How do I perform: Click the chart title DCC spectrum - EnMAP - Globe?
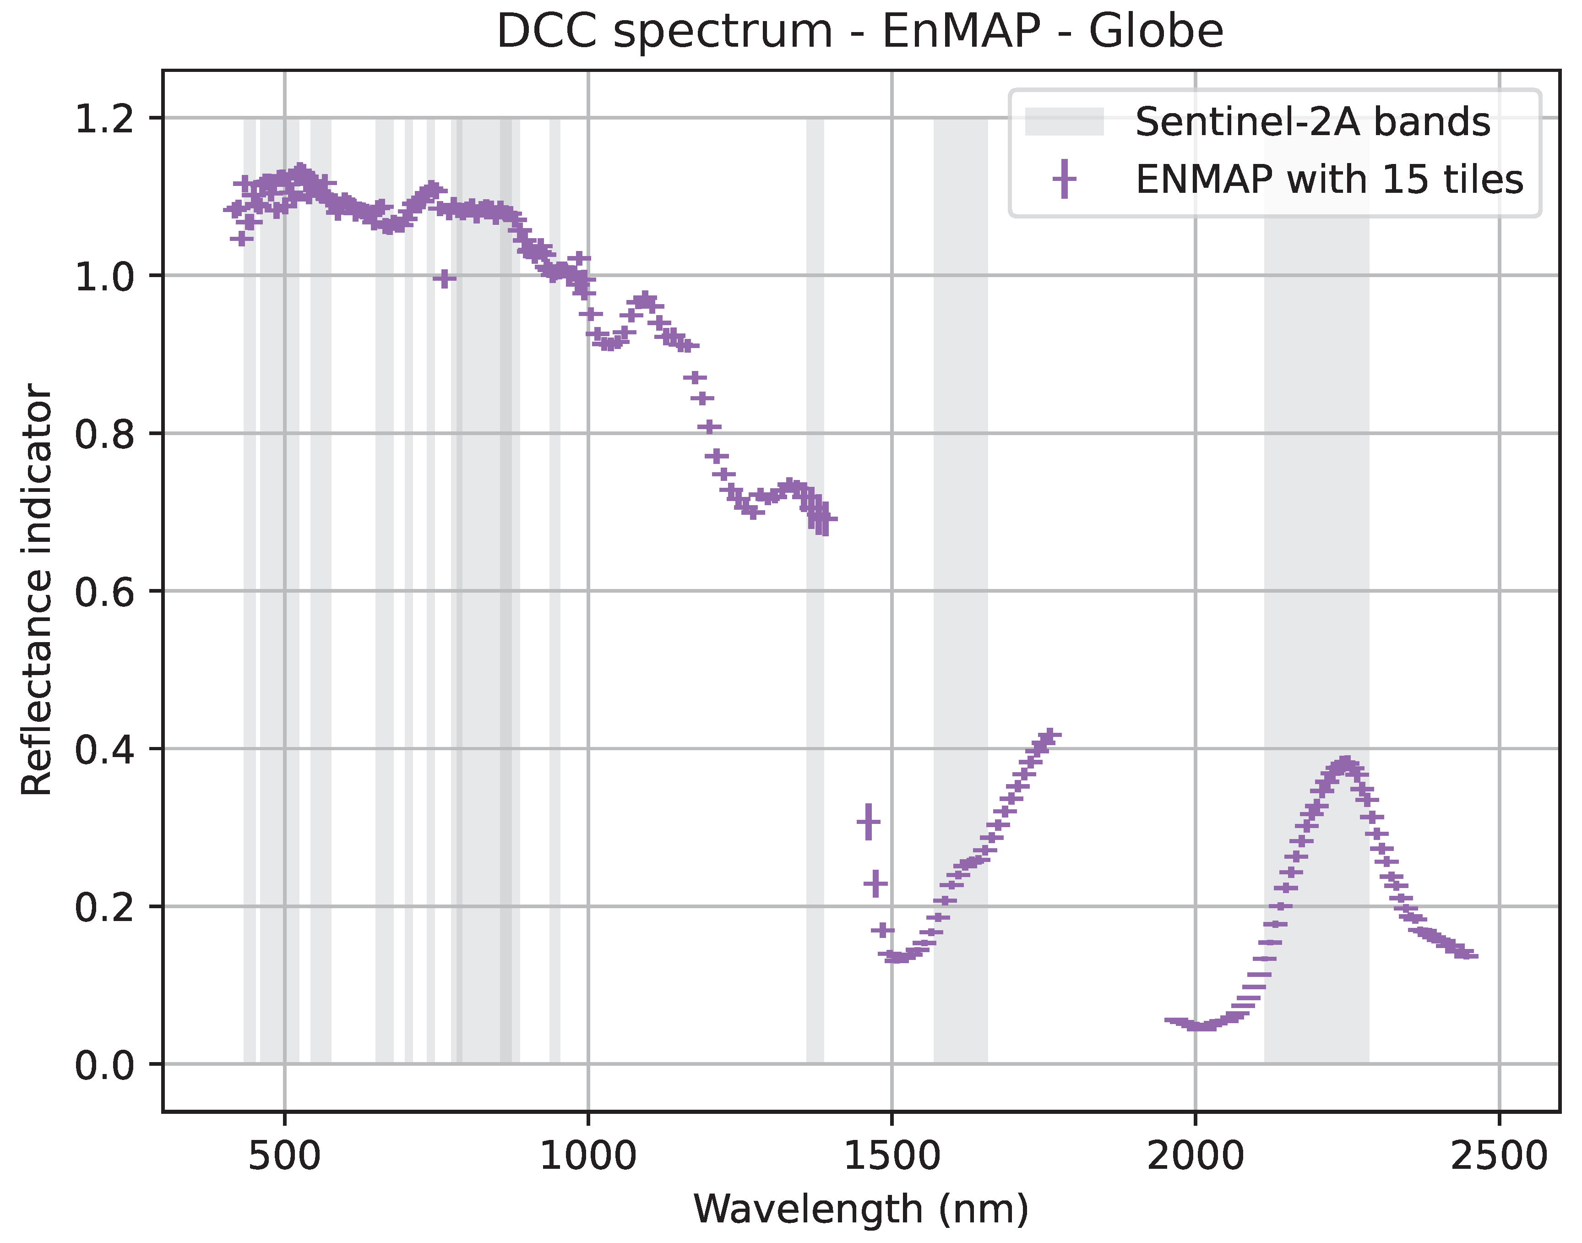coord(859,32)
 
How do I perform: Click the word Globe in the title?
coord(1156,32)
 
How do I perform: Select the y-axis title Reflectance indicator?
coord(36,589)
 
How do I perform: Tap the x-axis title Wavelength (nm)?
coord(861,1209)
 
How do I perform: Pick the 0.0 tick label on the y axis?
coord(105,1065)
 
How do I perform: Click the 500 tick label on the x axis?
coord(284,1156)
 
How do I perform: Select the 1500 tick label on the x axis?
coord(892,1156)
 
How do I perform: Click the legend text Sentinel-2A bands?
coord(1312,121)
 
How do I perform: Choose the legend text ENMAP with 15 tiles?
coord(1329,180)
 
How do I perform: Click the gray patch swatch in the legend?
coord(1064,121)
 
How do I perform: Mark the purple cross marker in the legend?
coord(1064,179)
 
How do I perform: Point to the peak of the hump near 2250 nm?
coord(1345,763)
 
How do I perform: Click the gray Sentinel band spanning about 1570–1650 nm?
coord(961,582)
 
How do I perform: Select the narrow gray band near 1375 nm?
coord(815,728)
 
